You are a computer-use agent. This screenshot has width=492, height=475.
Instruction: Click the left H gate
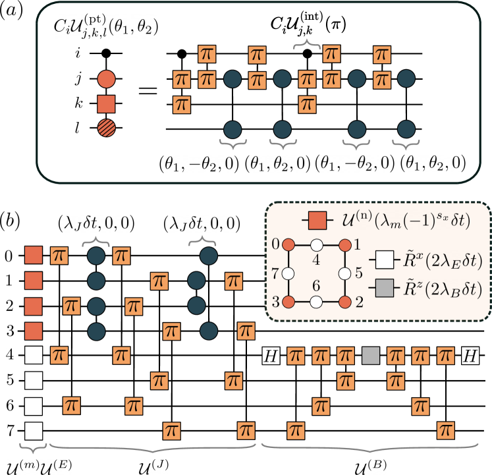(271, 356)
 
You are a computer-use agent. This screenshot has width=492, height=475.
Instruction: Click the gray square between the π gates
(371, 356)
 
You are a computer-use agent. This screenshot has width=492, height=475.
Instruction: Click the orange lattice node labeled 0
(288, 245)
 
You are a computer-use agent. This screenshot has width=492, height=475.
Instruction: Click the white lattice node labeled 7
(288, 273)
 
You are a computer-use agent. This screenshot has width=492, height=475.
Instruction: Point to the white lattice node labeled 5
(344, 273)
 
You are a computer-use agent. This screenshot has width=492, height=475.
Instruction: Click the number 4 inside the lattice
(316, 260)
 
